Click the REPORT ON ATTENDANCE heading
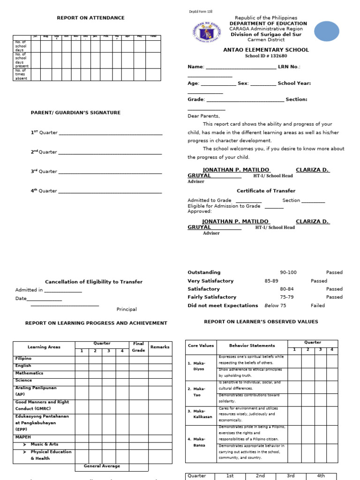90,18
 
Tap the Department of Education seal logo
208,32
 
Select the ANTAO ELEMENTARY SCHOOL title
266,50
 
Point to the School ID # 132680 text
266,56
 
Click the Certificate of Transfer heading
266,191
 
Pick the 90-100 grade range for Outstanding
288,272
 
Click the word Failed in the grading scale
317,306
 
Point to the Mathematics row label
29,373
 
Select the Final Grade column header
138,347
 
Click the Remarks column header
159,347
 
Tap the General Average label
102,466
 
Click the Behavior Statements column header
252,345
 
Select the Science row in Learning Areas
23,381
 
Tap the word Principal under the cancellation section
127,309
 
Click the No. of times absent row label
21,75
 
